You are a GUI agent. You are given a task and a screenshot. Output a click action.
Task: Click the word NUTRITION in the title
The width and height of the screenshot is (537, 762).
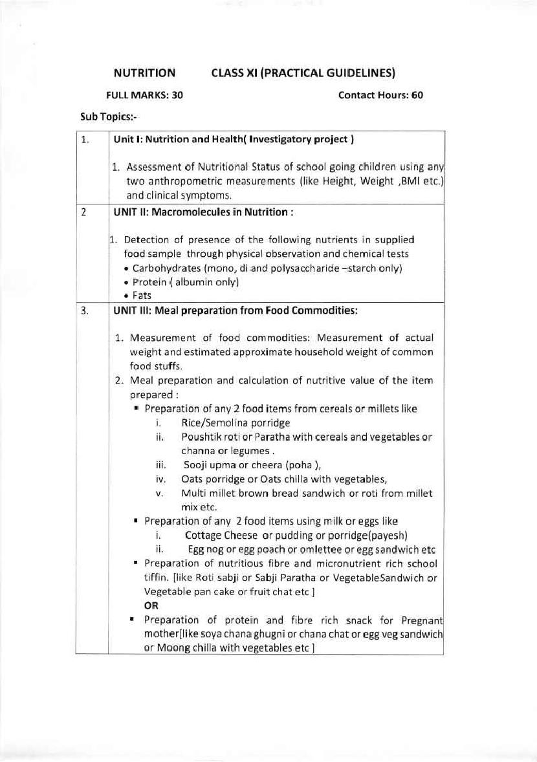pos(144,73)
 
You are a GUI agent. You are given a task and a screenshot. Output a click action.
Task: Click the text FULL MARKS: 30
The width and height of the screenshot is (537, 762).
pos(144,95)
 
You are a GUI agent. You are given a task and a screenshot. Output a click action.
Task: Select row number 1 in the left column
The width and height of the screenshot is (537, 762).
pos(85,139)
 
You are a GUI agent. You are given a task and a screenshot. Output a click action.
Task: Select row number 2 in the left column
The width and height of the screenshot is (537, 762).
pos(84,212)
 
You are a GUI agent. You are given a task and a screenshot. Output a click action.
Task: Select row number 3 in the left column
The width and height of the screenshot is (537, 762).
pos(85,310)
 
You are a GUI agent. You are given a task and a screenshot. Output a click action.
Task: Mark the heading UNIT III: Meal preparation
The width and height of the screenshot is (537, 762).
pos(236,310)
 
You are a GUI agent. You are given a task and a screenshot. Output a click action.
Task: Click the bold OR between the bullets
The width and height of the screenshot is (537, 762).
pos(151,606)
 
